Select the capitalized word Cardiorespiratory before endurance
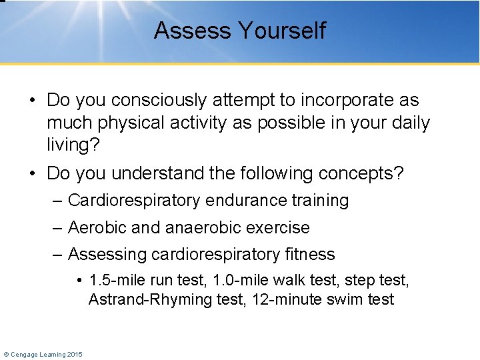coord(135,201)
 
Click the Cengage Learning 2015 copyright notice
coord(43,354)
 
